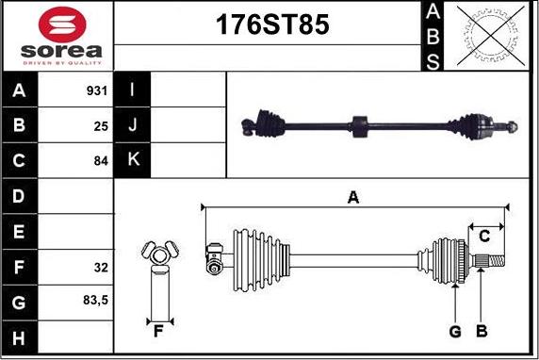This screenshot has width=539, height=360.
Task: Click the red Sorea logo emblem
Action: [62, 25]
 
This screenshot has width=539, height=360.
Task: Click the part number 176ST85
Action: [272, 25]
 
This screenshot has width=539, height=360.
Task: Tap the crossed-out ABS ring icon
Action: [491, 36]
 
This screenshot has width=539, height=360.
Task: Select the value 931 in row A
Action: [97, 90]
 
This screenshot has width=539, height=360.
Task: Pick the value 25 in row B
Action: [101, 126]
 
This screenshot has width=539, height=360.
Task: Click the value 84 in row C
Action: [101, 161]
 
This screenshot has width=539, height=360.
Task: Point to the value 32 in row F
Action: [101, 268]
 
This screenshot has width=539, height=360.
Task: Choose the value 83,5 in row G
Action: [95, 301]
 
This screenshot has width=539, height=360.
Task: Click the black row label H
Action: [20, 337]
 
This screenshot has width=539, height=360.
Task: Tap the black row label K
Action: [132, 160]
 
